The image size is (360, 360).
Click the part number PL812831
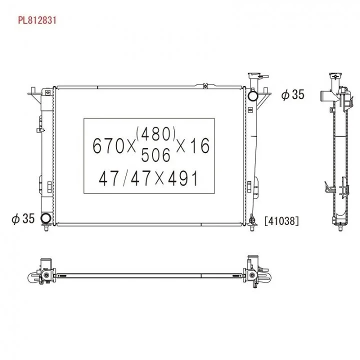(x=37, y=20)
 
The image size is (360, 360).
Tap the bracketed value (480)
(x=156, y=134)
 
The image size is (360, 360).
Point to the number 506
(x=155, y=155)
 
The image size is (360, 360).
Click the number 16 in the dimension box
(x=199, y=145)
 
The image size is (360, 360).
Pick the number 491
(x=183, y=178)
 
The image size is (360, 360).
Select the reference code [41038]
(x=281, y=221)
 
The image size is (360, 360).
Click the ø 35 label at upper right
(x=292, y=94)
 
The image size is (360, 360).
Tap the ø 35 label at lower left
(x=23, y=218)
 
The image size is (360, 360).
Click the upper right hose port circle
(x=253, y=96)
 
